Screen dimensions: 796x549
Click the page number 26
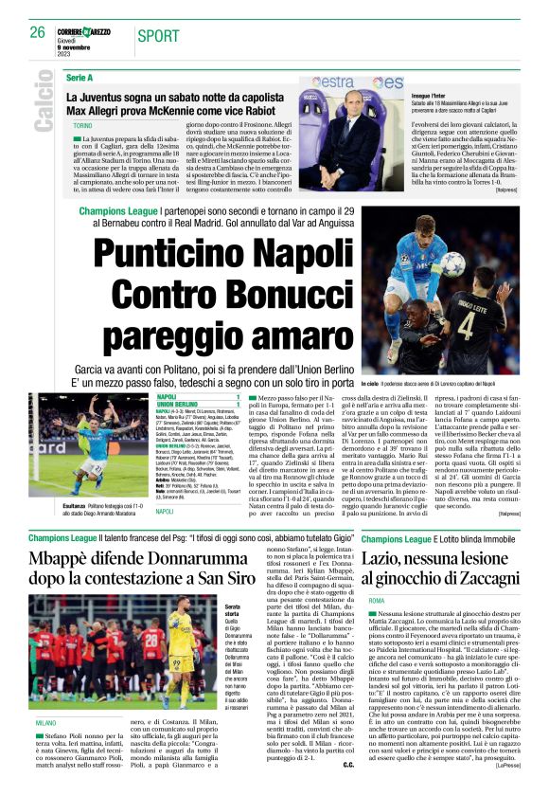(x=38, y=31)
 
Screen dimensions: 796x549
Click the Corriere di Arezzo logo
(x=92, y=32)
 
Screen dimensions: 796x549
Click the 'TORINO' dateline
(x=82, y=125)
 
